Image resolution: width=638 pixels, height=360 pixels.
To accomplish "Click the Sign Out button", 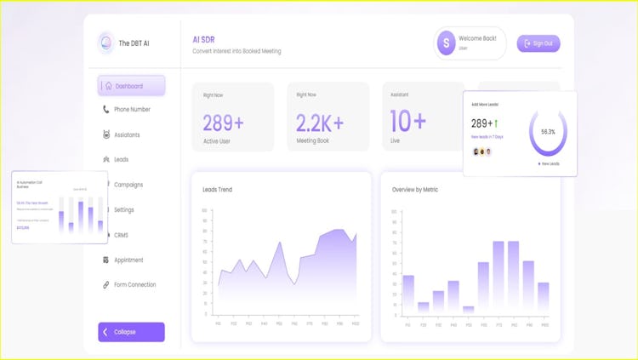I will (538, 43).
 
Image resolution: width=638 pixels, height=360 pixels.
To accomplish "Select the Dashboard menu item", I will (131, 86).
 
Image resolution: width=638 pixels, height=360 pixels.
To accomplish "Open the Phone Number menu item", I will (132, 110).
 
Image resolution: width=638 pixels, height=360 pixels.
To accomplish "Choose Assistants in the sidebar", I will (127, 135).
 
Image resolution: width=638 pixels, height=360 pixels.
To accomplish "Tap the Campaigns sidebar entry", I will (128, 185).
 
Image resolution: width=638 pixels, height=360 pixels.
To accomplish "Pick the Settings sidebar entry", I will (123, 209).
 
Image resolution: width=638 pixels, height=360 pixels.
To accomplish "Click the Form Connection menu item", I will (134, 284).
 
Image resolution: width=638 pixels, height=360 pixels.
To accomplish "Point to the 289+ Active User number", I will (224, 123).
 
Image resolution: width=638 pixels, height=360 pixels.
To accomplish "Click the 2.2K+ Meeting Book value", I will (320, 123).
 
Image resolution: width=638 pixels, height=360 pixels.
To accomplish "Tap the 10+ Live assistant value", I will (407, 122).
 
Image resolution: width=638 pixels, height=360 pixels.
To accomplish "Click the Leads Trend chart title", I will (217, 190).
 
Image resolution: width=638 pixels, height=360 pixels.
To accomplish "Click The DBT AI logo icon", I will (106, 43).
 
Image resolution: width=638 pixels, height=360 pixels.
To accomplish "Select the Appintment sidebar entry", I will (128, 260).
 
